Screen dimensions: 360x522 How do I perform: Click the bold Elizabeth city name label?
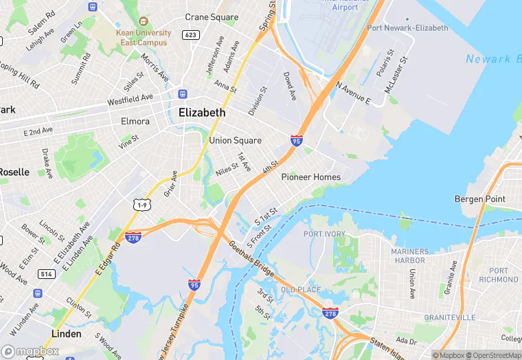[x=201, y=113]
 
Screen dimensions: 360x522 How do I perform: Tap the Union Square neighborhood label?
[x=235, y=141]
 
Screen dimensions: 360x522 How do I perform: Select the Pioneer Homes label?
[x=311, y=177]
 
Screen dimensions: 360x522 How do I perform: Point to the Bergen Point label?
[x=479, y=199]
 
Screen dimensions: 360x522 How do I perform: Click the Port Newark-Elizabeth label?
[x=407, y=28]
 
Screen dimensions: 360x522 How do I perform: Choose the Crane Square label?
[x=212, y=17]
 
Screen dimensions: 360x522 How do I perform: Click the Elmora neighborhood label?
[x=135, y=122]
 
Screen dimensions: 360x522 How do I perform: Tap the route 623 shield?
[x=191, y=34]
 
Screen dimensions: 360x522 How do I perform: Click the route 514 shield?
[x=47, y=274]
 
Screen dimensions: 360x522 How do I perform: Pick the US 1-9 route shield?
[x=142, y=205]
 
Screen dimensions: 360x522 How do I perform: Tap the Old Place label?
[x=301, y=290]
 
